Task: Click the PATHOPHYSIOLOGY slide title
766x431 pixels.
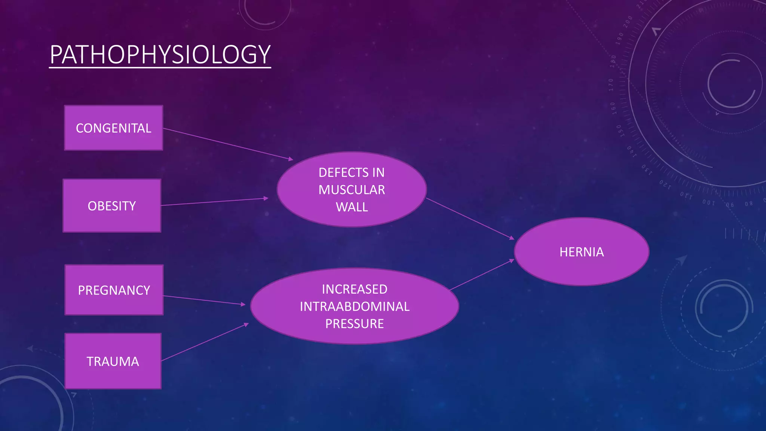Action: pyautogui.click(x=160, y=55)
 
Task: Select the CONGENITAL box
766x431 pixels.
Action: pyautogui.click(x=113, y=128)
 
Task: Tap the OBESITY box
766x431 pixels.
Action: pyautogui.click(x=112, y=206)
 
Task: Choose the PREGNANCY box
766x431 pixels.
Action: pyautogui.click(x=114, y=290)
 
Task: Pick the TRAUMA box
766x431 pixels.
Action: pyautogui.click(x=113, y=361)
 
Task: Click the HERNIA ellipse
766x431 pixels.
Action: pyautogui.click(x=582, y=252)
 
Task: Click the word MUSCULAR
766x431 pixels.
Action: pyautogui.click(x=352, y=190)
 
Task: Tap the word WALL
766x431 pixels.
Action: pyautogui.click(x=352, y=207)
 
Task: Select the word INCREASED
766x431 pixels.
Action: pyautogui.click(x=355, y=289)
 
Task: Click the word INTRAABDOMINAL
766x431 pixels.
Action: pyautogui.click(x=355, y=306)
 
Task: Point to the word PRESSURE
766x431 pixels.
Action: pyautogui.click(x=355, y=324)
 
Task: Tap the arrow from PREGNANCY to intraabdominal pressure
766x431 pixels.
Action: pyautogui.click(x=204, y=300)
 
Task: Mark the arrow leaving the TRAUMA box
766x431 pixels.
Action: pyautogui.click(x=205, y=342)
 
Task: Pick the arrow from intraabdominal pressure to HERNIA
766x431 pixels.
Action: pyautogui.click(x=482, y=275)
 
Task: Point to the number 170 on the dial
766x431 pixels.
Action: pyautogui.click(x=611, y=85)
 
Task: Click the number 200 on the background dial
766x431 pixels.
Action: pyautogui.click(x=628, y=21)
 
